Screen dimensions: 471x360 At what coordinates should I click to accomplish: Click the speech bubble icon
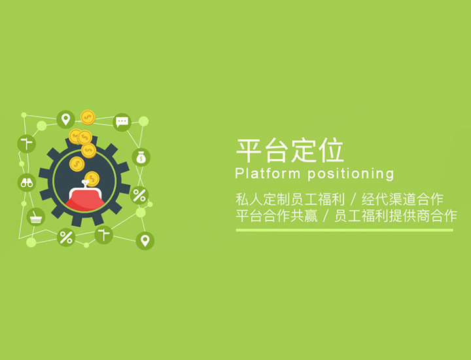point(122,122)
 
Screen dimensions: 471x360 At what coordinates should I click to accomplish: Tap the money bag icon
point(141,158)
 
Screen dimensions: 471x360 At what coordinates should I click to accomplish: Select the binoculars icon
point(27,183)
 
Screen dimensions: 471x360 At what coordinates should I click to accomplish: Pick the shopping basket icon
point(36,217)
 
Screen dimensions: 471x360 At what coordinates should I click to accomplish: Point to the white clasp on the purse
point(85,184)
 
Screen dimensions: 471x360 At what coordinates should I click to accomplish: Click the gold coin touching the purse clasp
point(92,179)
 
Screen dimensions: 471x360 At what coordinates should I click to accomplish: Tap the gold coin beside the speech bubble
point(88,118)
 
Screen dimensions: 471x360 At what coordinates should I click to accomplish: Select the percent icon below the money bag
point(139,195)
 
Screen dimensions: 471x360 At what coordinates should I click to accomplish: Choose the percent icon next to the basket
point(66,238)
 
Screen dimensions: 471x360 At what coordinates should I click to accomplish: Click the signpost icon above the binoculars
point(26,143)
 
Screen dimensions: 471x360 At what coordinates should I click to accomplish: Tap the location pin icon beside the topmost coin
point(66,120)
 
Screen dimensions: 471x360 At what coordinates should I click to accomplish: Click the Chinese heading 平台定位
point(290,151)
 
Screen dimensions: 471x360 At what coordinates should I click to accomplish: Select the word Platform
point(268,173)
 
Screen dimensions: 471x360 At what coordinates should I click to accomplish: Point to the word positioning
point(351,174)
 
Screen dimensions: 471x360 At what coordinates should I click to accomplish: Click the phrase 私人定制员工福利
point(290,199)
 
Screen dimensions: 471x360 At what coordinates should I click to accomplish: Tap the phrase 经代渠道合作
point(402,199)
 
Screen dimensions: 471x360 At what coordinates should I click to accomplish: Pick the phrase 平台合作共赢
point(277,216)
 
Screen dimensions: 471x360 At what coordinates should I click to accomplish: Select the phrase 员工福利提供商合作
point(396,216)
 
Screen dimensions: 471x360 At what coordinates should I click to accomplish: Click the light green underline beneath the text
point(345,230)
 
